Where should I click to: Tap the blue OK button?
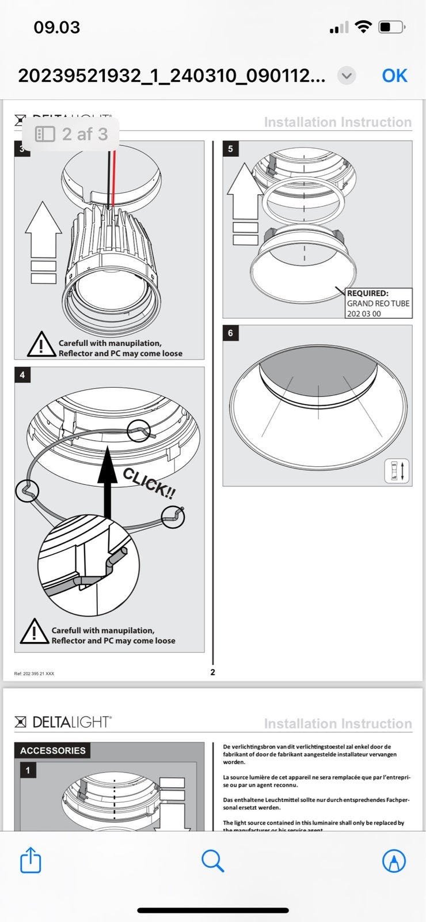click(394, 75)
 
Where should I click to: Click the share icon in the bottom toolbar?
click(31, 861)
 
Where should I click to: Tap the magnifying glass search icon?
click(212, 861)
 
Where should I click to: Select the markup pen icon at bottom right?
click(394, 861)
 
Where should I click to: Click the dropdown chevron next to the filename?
click(346, 75)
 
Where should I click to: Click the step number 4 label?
click(22, 375)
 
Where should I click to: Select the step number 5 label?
click(230, 149)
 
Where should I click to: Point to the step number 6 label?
click(230, 333)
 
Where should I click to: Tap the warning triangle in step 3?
click(41, 345)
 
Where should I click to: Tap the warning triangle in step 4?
click(34, 632)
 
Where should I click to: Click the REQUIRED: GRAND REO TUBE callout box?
click(378, 303)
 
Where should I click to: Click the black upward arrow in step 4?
click(106, 481)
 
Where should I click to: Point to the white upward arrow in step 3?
click(43, 231)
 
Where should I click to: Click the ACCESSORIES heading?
click(52, 750)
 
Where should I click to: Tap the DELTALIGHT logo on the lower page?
click(63, 721)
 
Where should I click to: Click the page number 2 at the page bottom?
click(213, 672)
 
